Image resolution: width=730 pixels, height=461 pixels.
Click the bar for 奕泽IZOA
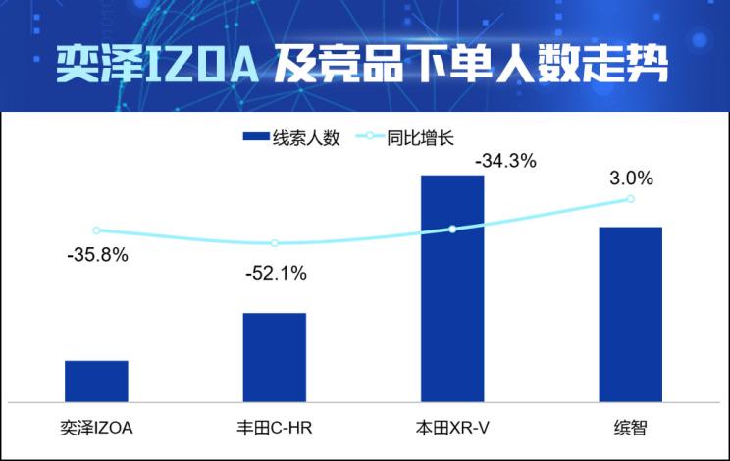click(96, 381)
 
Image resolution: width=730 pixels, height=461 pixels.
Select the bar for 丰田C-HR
click(275, 357)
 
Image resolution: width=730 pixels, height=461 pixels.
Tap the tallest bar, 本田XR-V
click(452, 288)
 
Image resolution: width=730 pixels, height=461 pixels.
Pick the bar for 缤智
click(630, 314)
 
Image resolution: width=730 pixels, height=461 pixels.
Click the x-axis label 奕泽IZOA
click(96, 428)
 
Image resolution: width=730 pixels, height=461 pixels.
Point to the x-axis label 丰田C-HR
click(275, 428)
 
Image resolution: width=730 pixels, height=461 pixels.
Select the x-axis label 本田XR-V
click(452, 428)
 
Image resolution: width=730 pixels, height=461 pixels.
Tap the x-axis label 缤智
click(630, 428)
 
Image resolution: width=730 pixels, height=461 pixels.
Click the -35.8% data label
click(96, 257)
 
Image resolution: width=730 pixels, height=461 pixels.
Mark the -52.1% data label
click(276, 274)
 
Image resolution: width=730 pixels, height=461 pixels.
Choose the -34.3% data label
click(505, 161)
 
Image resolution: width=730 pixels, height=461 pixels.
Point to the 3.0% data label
click(631, 179)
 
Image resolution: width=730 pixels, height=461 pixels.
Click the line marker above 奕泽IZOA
click(96, 230)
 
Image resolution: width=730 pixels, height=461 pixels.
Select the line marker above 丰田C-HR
click(275, 243)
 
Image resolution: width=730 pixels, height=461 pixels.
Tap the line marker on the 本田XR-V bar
click(452, 229)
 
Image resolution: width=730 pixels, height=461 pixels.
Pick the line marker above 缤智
click(630, 199)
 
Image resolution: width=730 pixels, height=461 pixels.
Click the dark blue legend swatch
click(261, 138)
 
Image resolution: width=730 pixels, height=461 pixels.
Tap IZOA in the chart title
click(204, 65)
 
